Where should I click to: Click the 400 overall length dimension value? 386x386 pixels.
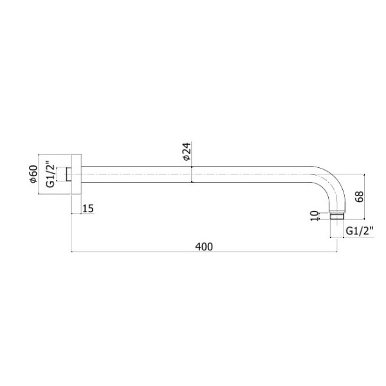(x=204, y=246)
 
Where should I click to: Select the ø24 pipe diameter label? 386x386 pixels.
(x=187, y=151)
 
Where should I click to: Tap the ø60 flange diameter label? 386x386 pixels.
(x=33, y=174)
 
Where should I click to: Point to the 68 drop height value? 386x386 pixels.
(x=360, y=197)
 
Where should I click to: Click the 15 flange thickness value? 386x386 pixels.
(x=88, y=208)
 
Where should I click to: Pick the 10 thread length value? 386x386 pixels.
(x=314, y=216)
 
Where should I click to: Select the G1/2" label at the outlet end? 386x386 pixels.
(x=360, y=231)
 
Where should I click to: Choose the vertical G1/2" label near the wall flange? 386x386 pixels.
(x=50, y=174)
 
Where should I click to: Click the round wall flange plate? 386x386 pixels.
(x=77, y=174)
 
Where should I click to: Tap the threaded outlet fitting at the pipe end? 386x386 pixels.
(x=336, y=216)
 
